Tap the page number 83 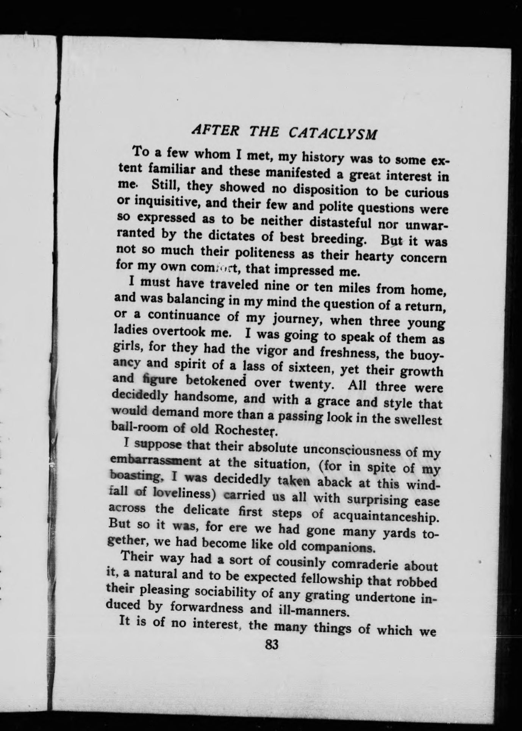tap(272, 645)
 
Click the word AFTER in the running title tap(215, 130)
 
